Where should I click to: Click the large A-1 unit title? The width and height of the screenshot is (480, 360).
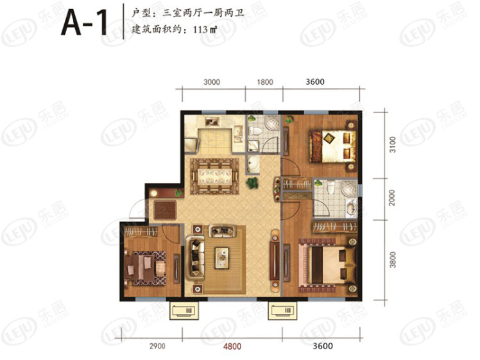84,22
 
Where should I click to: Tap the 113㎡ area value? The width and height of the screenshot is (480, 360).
205,30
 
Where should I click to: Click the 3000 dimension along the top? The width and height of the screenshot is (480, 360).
212,82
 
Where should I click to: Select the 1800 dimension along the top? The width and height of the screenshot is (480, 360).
265,82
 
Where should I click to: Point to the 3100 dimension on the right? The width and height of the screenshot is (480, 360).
393,144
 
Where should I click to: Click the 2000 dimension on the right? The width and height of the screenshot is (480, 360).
392,198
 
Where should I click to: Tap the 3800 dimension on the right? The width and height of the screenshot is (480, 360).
393,260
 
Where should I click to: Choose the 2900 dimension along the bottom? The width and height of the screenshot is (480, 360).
157,347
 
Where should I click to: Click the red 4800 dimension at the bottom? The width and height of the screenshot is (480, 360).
232,347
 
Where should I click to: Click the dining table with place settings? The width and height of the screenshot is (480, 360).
214,176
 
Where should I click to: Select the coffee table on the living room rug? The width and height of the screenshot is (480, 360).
221,258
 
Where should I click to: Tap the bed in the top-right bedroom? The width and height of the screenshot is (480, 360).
332,146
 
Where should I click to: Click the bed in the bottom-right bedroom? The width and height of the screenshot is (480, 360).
331,265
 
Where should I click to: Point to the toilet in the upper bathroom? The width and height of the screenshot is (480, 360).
254,132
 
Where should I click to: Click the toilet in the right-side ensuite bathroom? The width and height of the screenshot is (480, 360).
330,187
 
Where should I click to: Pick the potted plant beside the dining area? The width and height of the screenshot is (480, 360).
252,183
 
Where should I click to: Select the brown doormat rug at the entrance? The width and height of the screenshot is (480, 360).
165,210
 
